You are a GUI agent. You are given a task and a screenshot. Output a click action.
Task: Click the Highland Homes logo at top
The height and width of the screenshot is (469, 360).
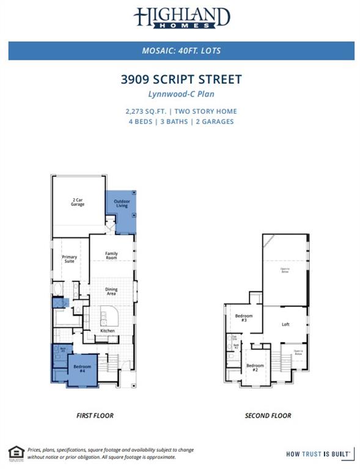coord(182,18)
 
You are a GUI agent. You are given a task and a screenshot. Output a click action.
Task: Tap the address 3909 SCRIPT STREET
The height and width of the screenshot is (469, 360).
coord(182,79)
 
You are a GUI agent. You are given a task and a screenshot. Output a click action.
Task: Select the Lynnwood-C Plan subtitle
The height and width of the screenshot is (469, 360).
coord(182,94)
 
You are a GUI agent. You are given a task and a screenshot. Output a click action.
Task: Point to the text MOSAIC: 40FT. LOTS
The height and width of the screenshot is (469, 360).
coord(182,51)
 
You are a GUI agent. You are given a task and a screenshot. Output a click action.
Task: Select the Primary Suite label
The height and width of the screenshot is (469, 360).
coord(70,259)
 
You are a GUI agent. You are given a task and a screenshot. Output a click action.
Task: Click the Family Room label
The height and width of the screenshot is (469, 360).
coord(111,255)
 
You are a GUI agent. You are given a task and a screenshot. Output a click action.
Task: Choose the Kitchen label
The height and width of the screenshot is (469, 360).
coord(108,331)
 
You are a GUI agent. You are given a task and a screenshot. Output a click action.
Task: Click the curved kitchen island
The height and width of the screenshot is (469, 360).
coord(111,316)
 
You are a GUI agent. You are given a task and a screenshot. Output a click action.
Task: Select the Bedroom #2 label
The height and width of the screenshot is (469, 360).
coord(255,368)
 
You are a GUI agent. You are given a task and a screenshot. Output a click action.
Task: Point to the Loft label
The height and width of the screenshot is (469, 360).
coord(285,325)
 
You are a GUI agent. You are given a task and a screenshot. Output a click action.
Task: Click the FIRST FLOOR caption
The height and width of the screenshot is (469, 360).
coord(95,416)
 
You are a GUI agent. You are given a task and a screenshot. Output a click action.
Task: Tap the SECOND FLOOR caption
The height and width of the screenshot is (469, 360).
coord(268,416)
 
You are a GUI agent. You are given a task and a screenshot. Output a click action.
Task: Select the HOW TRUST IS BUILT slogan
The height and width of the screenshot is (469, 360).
coord(318,454)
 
